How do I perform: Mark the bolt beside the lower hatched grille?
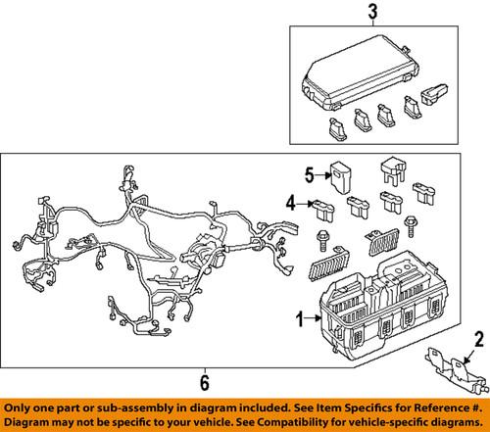[322, 240]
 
